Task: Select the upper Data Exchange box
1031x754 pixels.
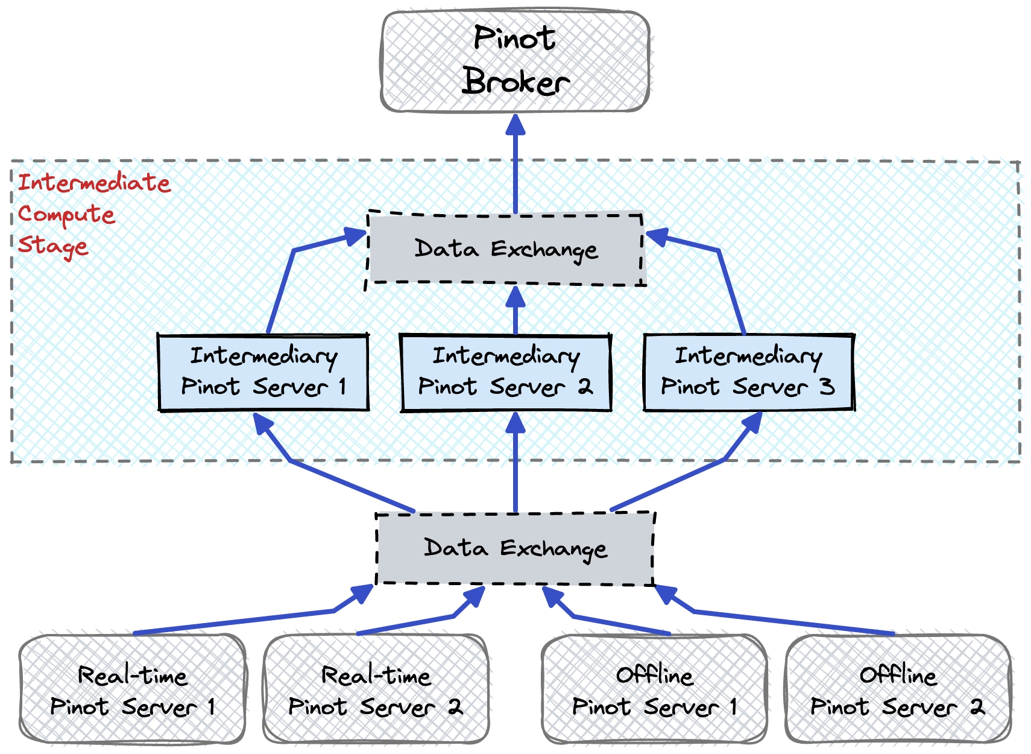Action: tap(505, 249)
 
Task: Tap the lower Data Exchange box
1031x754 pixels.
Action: tap(515, 548)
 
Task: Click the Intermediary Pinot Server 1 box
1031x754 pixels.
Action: tap(263, 372)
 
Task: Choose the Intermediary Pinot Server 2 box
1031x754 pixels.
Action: tap(506, 372)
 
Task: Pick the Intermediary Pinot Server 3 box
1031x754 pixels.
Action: tap(748, 372)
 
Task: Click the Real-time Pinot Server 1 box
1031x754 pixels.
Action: tap(133, 689)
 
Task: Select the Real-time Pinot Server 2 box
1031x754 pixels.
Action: tap(376, 689)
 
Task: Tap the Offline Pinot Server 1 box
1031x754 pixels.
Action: tap(654, 689)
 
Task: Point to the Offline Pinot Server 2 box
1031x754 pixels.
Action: tap(898, 689)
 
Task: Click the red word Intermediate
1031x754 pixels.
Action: tap(94, 182)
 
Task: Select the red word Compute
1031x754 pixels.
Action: tap(66, 214)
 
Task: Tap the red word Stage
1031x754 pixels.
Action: tap(53, 246)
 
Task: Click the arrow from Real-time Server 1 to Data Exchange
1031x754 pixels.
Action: tap(241, 622)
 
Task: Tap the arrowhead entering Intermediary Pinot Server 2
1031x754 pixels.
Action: tap(515, 423)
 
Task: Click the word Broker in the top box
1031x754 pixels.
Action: tap(515, 81)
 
